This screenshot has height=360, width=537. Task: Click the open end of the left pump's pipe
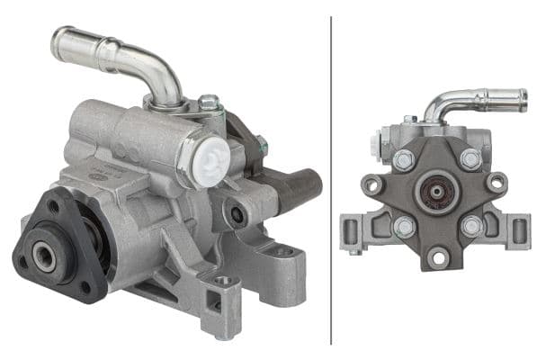[59, 42]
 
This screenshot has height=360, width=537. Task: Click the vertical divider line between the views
[332, 180]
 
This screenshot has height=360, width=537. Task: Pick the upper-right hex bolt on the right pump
[470, 159]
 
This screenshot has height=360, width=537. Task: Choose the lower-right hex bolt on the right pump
[470, 225]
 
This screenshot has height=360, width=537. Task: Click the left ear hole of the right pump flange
[371, 184]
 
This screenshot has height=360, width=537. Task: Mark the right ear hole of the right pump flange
[495, 183]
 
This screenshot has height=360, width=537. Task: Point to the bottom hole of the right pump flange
[438, 258]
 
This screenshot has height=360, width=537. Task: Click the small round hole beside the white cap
[237, 214]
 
